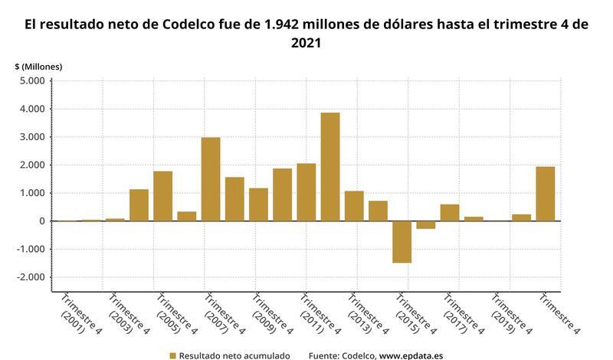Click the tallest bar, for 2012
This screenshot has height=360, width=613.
[x=330, y=167]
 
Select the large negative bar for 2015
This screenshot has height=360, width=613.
[x=402, y=241]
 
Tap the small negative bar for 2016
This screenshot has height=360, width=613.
[x=425, y=224]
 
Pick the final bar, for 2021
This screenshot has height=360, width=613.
[x=545, y=194]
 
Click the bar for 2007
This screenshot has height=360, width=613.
[x=211, y=179]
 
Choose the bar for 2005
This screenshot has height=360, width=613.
[x=162, y=196]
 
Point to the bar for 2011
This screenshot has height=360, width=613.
[x=306, y=192]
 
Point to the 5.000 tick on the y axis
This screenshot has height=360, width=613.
[x=32, y=81]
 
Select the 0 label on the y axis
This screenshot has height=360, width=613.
[x=42, y=221]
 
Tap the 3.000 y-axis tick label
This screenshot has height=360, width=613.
[x=32, y=137]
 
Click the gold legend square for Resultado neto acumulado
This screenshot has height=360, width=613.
[x=173, y=355]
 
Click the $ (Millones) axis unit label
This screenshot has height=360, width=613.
[x=38, y=67]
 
